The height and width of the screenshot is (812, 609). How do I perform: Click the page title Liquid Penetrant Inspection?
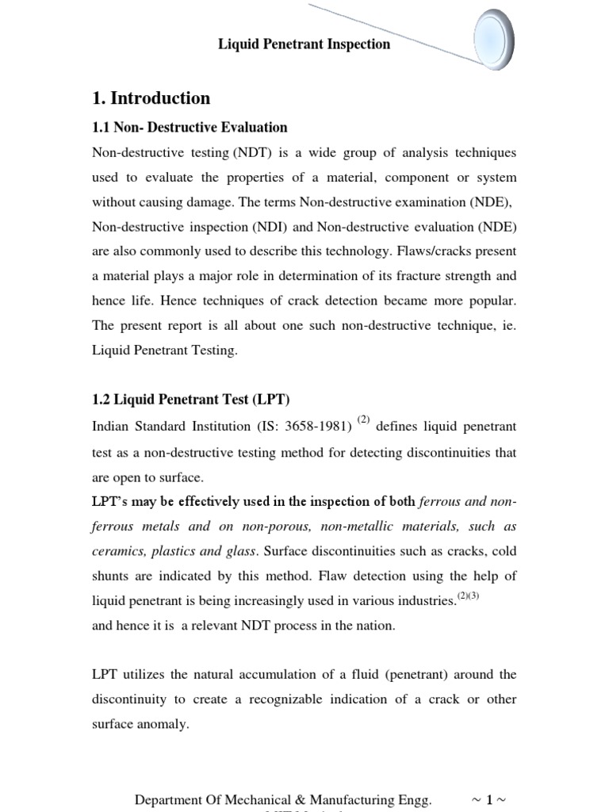click(304, 44)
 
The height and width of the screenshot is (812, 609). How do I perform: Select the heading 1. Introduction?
click(151, 98)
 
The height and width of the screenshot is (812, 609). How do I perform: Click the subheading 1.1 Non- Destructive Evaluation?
click(190, 127)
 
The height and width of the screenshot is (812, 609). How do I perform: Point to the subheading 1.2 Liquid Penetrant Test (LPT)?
click(197, 399)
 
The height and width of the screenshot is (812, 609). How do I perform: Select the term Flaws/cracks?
click(443, 251)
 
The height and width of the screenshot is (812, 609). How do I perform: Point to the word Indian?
click(112, 427)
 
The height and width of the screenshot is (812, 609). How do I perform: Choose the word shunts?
click(112, 576)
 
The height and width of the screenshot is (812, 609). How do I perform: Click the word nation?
click(376, 626)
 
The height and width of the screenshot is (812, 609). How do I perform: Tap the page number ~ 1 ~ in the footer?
click(488, 801)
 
